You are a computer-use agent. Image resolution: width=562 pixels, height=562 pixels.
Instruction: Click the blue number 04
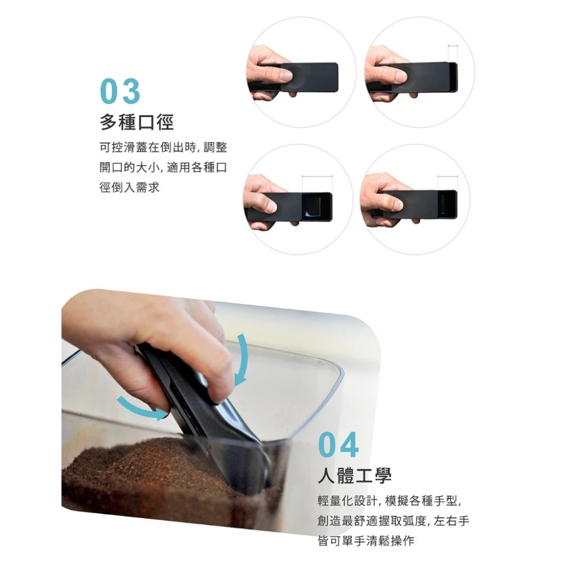point(338,446)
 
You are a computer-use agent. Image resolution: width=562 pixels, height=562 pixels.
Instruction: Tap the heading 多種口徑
point(137,122)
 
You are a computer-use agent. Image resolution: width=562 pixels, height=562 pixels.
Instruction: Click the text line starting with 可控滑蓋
point(163,148)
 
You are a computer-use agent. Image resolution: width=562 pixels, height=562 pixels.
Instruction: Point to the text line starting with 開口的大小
point(163,167)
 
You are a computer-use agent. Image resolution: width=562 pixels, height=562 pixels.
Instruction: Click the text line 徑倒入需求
point(129,187)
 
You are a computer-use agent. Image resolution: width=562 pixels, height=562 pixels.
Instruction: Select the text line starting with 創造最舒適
point(393,521)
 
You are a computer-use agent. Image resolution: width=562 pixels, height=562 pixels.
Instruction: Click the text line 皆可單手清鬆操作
point(365,541)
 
